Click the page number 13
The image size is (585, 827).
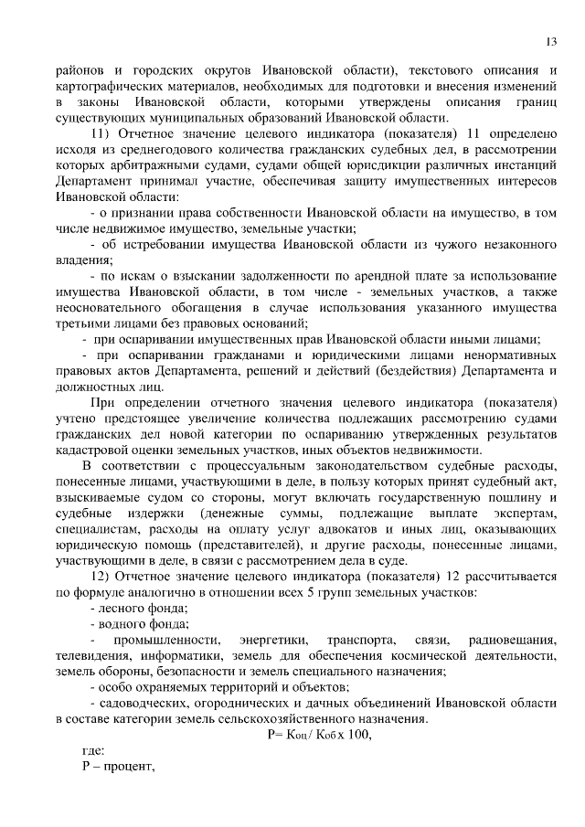(x=552, y=41)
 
